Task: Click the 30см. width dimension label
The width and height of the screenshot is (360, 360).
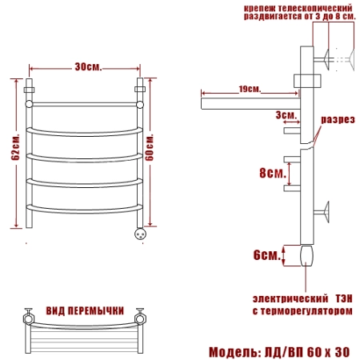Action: (x=88, y=67)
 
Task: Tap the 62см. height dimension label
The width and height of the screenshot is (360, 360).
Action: (x=15, y=147)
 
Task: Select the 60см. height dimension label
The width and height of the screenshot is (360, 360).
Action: (x=150, y=147)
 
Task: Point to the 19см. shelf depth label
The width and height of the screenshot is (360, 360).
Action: (x=250, y=89)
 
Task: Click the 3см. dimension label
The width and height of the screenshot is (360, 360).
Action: (x=286, y=115)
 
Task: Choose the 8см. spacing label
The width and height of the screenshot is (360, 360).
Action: (x=273, y=173)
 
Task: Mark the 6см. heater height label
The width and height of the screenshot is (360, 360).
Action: (x=267, y=255)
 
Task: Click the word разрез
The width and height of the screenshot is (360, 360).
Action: (x=338, y=120)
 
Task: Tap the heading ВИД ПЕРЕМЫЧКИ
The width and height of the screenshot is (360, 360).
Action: (x=85, y=310)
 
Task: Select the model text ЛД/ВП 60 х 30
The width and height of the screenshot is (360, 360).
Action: (x=307, y=352)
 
